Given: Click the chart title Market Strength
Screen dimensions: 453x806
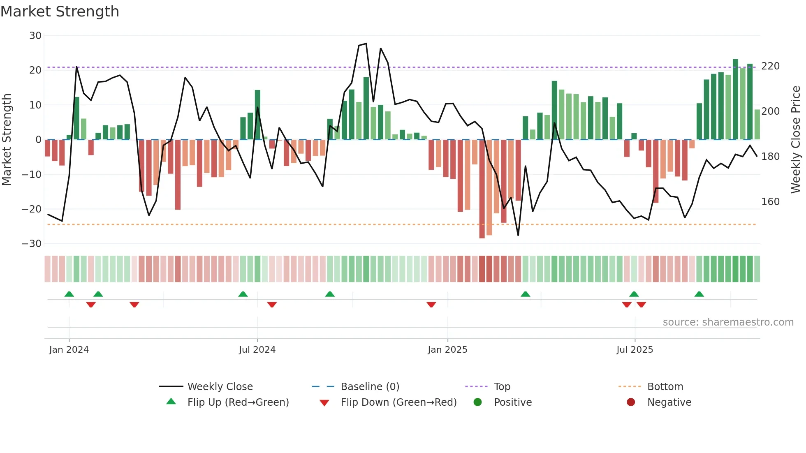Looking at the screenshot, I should pyautogui.click(x=60, y=12).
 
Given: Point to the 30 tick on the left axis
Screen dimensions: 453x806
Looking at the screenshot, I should pyautogui.click(x=35, y=36).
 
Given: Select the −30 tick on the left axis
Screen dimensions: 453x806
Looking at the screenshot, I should pyautogui.click(x=32, y=244).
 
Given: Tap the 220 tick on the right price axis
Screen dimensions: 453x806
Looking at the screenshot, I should pyautogui.click(x=770, y=66).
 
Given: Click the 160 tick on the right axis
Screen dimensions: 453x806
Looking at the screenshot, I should pyautogui.click(x=770, y=202).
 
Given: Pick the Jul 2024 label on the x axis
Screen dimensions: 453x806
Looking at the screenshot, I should pyautogui.click(x=257, y=350).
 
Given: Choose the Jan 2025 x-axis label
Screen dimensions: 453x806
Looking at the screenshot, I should pyautogui.click(x=447, y=350).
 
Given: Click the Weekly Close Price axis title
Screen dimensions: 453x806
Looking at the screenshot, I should pyautogui.click(x=796, y=140).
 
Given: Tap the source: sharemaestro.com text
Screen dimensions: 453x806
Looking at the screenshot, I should pyautogui.click(x=728, y=322).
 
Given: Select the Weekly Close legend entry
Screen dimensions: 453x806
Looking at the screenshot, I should pyautogui.click(x=220, y=387).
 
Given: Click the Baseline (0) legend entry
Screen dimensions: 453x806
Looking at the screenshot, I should pyautogui.click(x=370, y=387).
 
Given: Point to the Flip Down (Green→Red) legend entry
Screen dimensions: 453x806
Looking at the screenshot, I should pyautogui.click(x=398, y=402).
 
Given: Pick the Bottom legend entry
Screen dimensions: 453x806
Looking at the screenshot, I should pyautogui.click(x=665, y=387).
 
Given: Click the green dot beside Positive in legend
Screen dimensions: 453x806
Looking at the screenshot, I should pyautogui.click(x=477, y=402).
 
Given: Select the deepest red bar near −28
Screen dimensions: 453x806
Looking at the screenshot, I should pyautogui.click(x=482, y=189).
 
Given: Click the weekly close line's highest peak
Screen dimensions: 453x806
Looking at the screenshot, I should pyautogui.click(x=366, y=44).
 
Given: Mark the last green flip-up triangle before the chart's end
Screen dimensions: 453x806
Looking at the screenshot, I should pyautogui.click(x=699, y=294).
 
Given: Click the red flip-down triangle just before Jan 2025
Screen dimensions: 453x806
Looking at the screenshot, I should pyautogui.click(x=431, y=305).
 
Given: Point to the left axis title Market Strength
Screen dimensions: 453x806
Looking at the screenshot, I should pyautogui.click(x=7, y=140).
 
